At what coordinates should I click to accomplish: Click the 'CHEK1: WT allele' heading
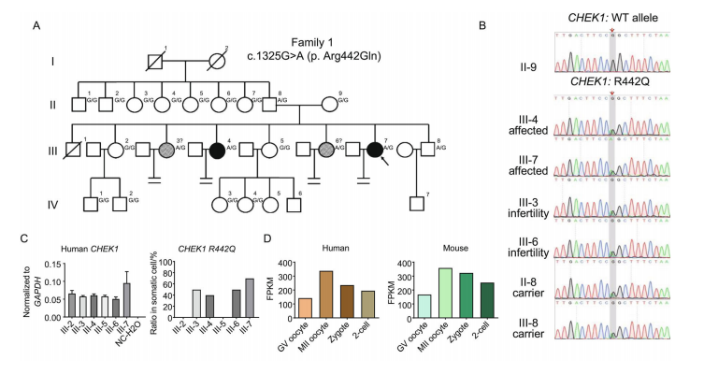point(609,20)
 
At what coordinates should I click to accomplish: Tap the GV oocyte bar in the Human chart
point(304,306)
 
